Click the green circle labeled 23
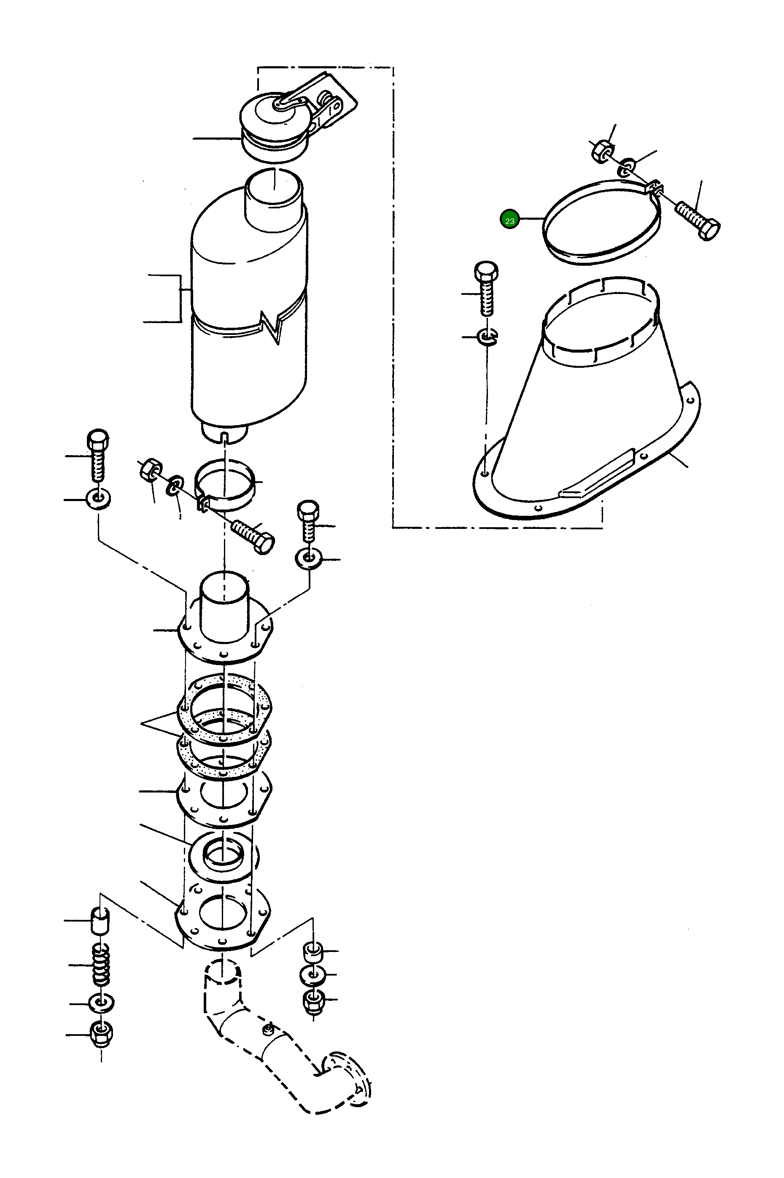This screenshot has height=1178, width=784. point(509,220)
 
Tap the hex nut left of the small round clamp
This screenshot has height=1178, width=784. point(149,470)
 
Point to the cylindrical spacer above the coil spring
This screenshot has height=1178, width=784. point(100,920)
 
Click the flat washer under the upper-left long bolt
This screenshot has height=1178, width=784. point(98,499)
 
